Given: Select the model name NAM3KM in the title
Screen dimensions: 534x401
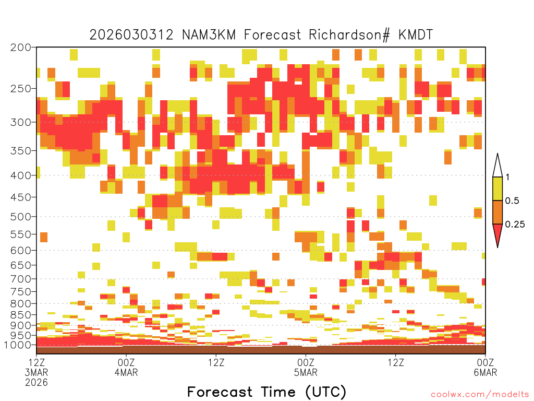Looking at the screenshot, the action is click(x=209, y=35).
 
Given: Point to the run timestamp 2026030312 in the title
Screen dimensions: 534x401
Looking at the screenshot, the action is click(x=131, y=35).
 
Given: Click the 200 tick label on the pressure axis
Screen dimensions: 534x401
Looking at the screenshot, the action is click(x=21, y=48).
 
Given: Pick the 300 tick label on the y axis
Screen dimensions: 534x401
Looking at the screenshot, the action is click(x=21, y=122).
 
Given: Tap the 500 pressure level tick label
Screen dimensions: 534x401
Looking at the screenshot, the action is click(x=21, y=217).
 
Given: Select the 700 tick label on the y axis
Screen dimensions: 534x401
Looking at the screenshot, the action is click(x=21, y=279).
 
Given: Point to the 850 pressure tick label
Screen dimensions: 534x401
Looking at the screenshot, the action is click(x=21, y=315).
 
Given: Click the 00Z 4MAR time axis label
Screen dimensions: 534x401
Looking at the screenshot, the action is click(x=126, y=367).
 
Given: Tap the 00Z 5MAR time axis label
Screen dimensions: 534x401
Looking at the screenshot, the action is click(x=306, y=367).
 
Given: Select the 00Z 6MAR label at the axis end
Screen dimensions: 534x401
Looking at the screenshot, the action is click(x=486, y=367).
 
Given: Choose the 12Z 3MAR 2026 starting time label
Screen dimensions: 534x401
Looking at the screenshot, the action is click(x=37, y=372).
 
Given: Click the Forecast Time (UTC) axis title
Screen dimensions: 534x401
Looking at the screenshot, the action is click(x=266, y=392).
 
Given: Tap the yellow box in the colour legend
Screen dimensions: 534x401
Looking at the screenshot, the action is click(x=497, y=188).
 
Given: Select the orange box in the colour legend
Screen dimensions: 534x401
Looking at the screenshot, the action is click(x=497, y=212).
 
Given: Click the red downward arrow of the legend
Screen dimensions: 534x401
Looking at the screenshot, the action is click(x=497, y=234).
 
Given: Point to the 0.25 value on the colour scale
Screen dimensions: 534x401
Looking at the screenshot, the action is click(x=515, y=225).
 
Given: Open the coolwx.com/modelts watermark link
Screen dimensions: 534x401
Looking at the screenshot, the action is click(x=480, y=395).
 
